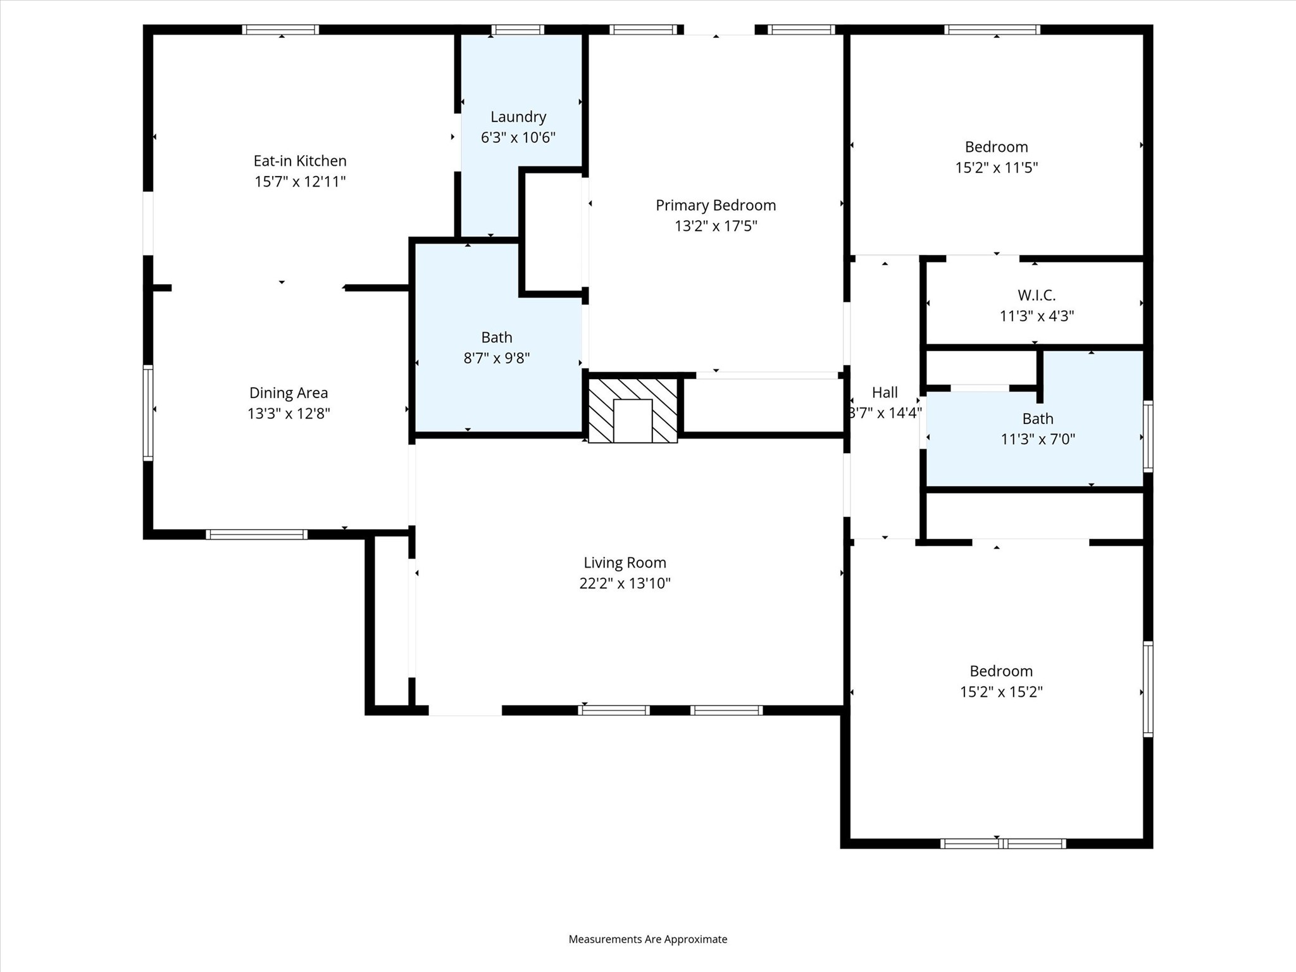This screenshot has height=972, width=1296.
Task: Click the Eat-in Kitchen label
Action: click(300, 161)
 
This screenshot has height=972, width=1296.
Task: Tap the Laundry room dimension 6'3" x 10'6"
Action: click(518, 137)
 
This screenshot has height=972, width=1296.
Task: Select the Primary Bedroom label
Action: click(716, 205)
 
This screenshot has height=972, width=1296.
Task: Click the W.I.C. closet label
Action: click(1037, 295)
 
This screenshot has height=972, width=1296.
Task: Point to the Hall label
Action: click(885, 392)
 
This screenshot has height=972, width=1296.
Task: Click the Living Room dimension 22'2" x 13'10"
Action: click(625, 583)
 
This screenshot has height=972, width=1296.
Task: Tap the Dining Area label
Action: click(289, 393)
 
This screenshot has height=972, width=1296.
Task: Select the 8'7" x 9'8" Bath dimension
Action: click(497, 358)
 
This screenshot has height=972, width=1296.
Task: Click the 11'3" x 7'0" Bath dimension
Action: click(1038, 439)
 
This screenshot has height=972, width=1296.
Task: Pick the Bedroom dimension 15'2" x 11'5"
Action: click(997, 168)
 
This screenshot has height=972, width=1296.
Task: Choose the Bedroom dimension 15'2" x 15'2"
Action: click(1001, 692)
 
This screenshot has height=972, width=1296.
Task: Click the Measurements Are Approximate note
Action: click(648, 939)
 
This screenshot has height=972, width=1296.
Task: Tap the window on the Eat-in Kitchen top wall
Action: click(280, 30)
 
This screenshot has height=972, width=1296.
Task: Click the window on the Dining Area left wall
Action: click(148, 413)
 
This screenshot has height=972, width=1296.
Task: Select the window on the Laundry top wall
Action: click(518, 30)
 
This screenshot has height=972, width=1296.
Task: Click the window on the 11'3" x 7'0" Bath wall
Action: click(1148, 436)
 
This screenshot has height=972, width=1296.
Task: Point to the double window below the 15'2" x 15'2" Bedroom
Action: click(1003, 844)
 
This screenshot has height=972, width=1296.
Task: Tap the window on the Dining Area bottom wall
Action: click(256, 535)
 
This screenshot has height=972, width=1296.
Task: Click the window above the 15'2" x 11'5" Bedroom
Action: click(992, 30)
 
